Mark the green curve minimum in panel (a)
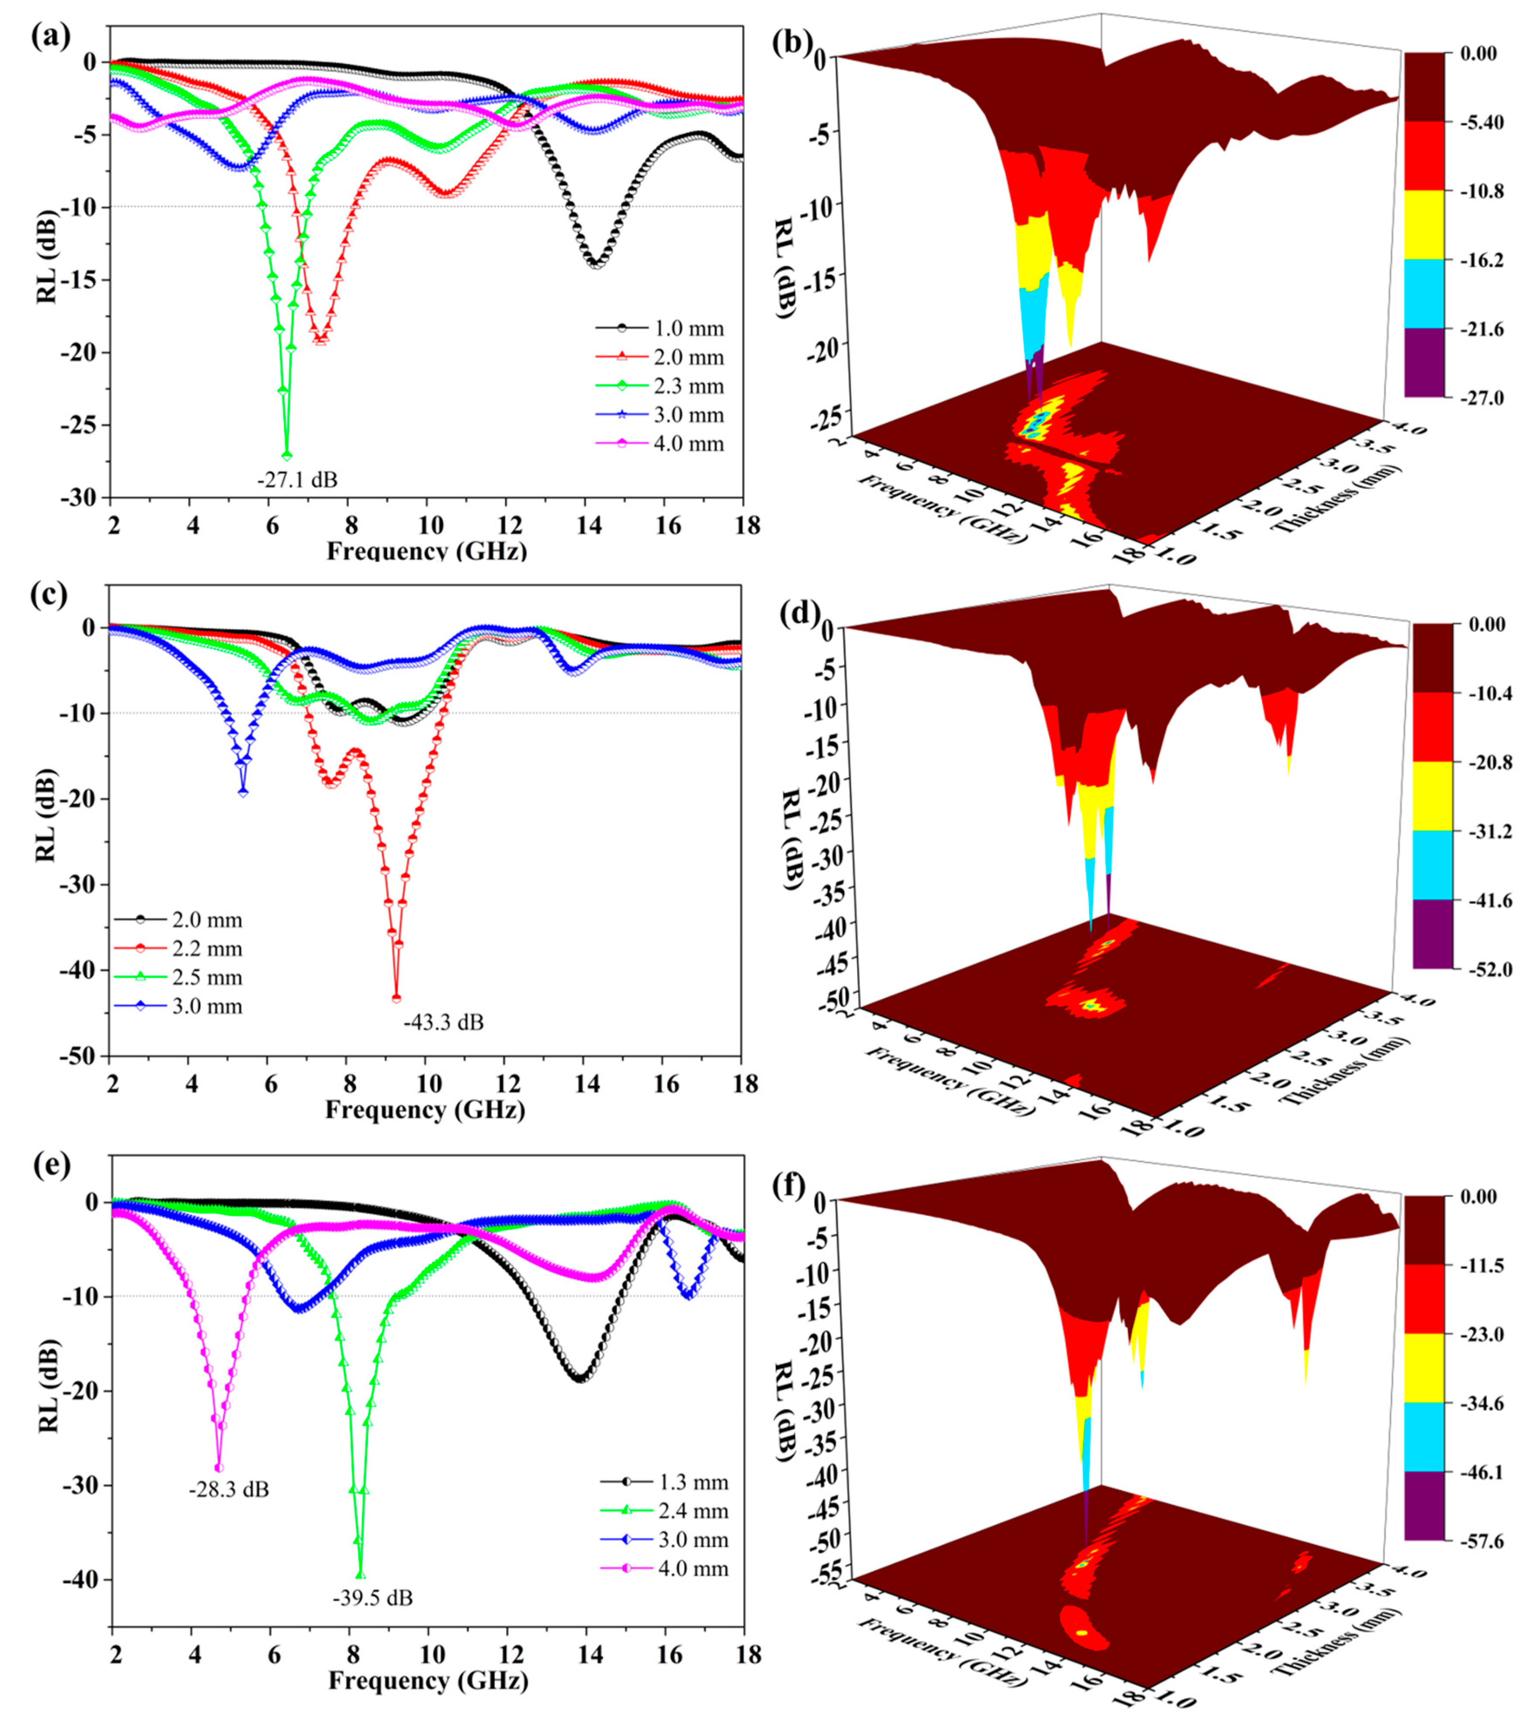[x=286, y=455]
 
